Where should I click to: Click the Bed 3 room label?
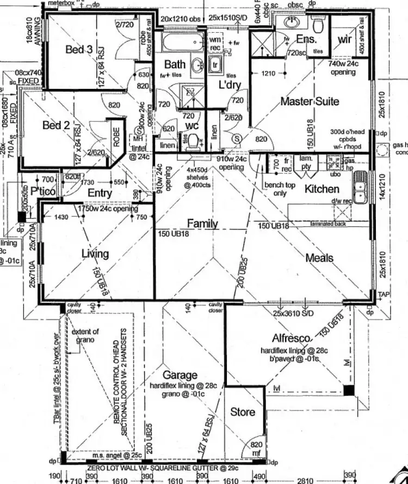tap(79, 50)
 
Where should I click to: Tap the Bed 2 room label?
tap(56, 125)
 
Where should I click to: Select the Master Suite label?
tap(310, 101)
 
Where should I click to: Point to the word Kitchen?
tap(322, 189)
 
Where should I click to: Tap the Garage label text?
tap(180, 376)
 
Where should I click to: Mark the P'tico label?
tap(44, 191)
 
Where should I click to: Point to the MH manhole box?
tap(138, 138)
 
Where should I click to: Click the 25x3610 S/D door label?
tap(294, 314)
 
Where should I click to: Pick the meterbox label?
tap(60, 3)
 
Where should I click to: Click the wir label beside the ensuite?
tap(344, 39)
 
